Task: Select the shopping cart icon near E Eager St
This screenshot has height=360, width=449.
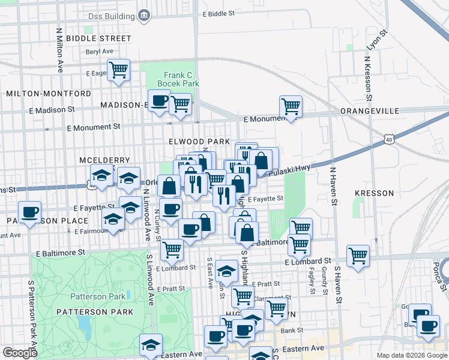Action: point(119,71)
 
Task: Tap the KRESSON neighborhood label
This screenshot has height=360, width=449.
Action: point(374,193)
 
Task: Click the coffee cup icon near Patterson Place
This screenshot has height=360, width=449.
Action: point(29,211)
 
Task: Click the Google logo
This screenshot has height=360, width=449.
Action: point(20,353)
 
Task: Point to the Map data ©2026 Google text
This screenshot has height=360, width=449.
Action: point(411,355)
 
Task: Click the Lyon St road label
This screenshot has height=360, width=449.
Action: point(375,44)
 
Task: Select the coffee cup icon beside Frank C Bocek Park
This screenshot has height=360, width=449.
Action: point(158,101)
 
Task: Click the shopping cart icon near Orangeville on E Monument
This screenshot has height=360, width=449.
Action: point(291,107)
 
